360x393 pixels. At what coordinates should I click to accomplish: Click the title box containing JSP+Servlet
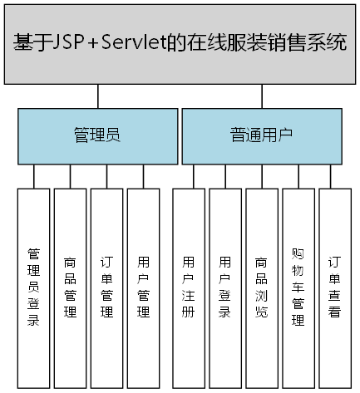[180, 43]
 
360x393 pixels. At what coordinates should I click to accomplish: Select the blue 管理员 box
[97, 135]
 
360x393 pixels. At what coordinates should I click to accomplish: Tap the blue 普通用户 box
[261, 135]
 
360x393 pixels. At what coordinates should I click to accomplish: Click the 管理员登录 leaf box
[33, 287]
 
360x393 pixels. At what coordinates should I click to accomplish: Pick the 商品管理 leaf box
[70, 287]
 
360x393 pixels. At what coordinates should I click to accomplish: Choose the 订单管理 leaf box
[106, 287]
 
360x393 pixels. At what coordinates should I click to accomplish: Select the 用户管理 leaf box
[143, 287]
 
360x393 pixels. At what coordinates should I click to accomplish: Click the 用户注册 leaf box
[189, 287]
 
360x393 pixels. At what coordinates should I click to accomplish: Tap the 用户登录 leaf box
[225, 287]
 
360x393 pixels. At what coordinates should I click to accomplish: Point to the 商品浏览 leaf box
[262, 287]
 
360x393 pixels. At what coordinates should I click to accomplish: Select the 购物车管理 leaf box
[298, 287]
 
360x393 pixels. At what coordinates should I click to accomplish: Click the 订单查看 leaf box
[335, 287]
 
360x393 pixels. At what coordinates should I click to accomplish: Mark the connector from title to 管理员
[97, 96]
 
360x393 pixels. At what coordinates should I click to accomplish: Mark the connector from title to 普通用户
[262, 96]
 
